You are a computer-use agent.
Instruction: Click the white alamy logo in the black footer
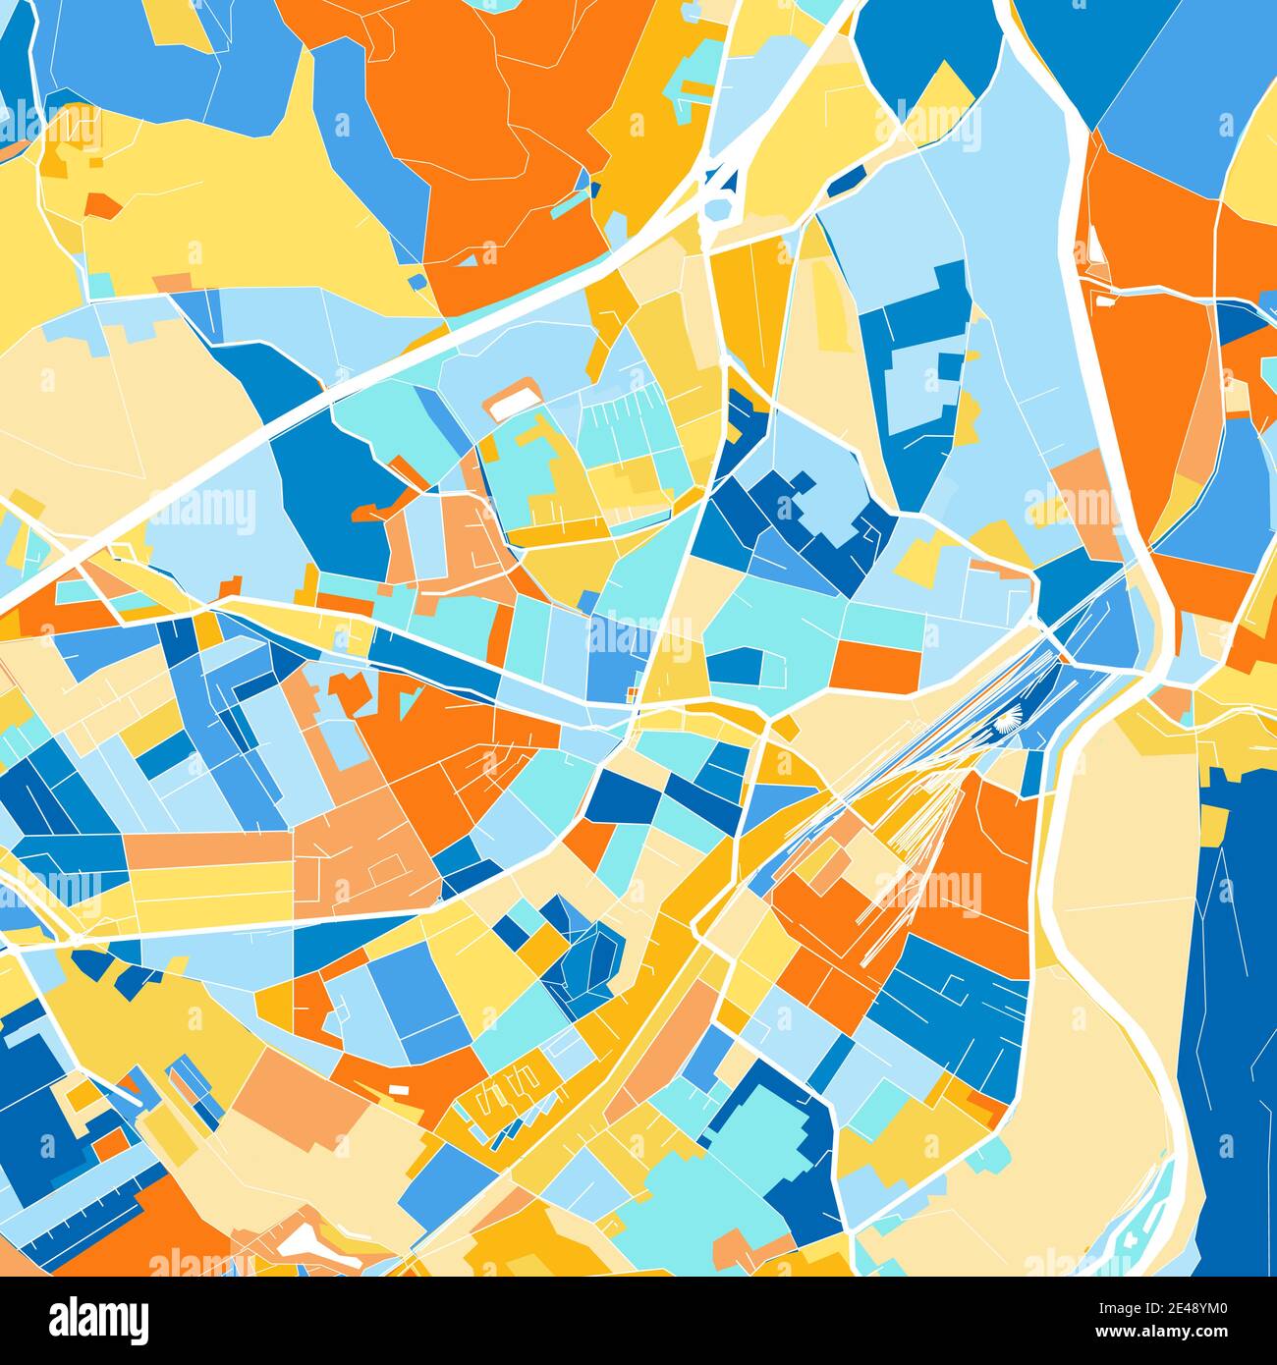pos(98,1318)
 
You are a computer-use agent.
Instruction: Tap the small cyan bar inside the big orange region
pos(566,207)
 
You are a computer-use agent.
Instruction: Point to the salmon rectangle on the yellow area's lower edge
pos(173,283)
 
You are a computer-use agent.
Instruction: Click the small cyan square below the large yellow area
pos(101,286)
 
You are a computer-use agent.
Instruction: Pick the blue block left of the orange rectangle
pos(735,666)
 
